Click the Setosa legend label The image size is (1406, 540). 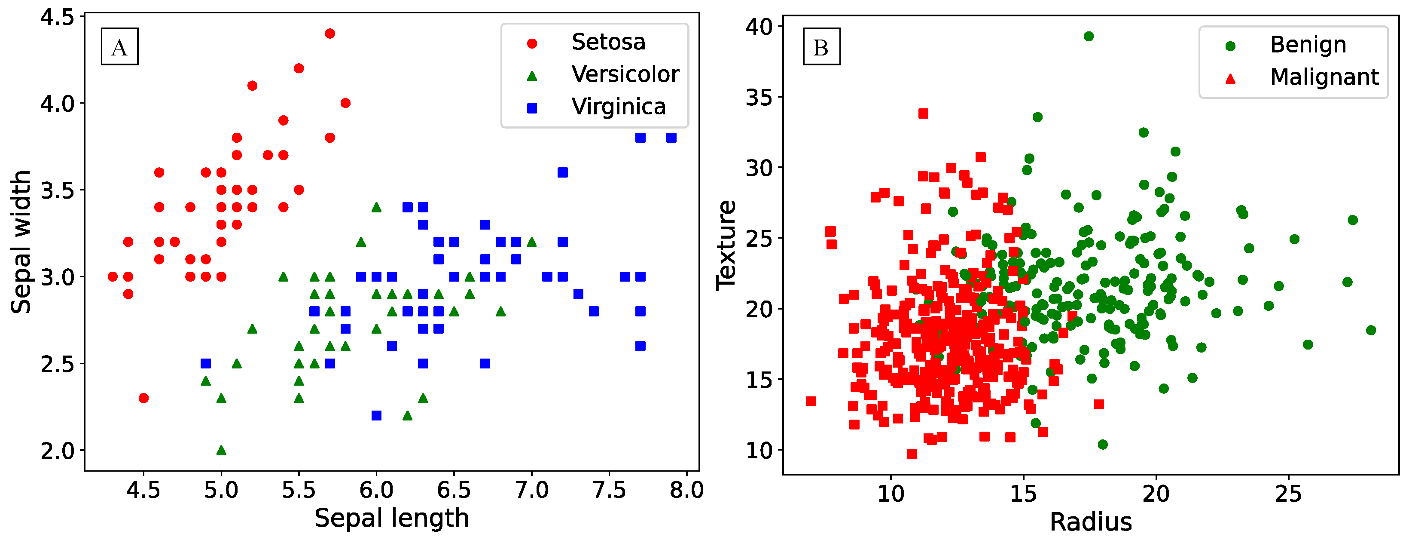click(608, 42)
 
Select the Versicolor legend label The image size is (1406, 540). click(625, 74)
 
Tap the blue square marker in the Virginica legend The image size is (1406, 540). click(532, 108)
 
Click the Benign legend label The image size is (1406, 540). click(1308, 45)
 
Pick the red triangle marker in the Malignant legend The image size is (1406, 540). click(1230, 79)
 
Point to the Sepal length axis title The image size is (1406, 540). click(391, 518)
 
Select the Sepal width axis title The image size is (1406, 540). click(21, 242)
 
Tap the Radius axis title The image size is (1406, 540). click(1091, 522)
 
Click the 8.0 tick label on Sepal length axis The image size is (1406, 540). click(686, 490)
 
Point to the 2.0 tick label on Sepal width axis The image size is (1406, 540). click(57, 451)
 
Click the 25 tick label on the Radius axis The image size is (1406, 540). click(1288, 494)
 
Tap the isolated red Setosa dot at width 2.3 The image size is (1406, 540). click(143, 398)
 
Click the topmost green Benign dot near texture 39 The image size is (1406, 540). click(1089, 37)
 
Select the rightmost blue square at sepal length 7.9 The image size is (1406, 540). click(671, 138)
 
